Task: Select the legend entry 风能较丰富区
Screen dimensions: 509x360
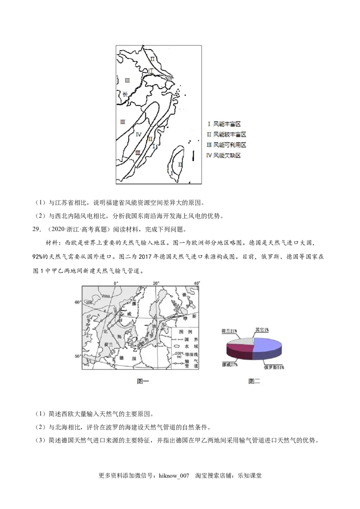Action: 226,134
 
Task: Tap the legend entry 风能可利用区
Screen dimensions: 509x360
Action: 226,145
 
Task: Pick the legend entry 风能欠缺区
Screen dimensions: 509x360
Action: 224,155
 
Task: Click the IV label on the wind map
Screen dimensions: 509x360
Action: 139,134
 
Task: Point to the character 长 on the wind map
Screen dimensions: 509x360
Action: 125,94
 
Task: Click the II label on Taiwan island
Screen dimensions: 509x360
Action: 180,165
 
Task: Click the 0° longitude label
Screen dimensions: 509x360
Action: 116,283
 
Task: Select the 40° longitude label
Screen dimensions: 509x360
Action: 197,283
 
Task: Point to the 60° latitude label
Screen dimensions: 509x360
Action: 77,302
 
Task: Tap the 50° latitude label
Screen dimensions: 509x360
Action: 77,356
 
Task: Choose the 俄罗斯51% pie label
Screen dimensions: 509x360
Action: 274,367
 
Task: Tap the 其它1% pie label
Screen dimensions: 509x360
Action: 262,330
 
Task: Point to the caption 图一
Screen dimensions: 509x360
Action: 143,381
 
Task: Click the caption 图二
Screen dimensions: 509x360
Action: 254,381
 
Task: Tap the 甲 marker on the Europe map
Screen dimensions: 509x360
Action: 185,318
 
